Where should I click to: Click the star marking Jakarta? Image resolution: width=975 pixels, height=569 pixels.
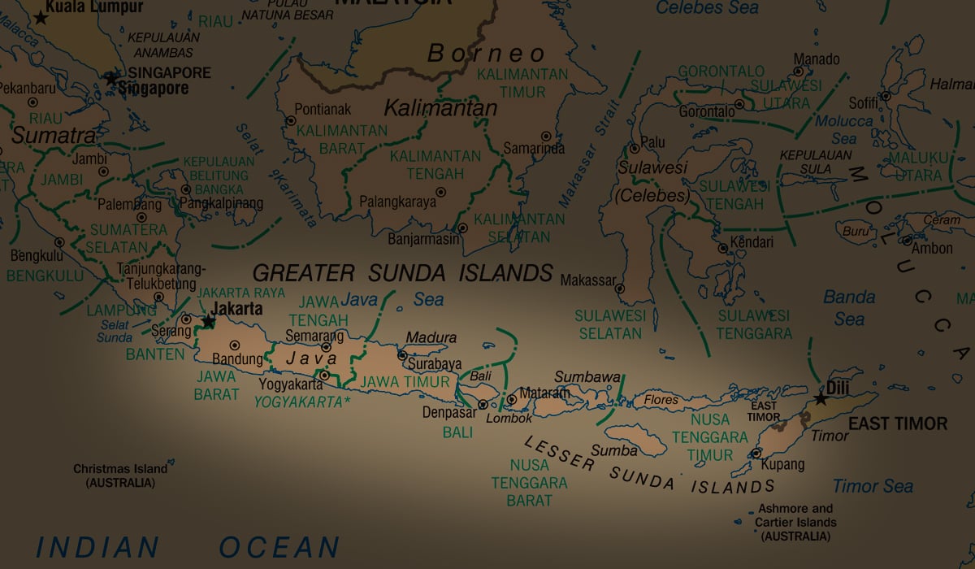[x=209, y=322]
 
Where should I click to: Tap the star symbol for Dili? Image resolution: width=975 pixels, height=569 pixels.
[x=821, y=399]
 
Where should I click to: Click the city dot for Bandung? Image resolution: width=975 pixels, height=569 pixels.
[x=236, y=345]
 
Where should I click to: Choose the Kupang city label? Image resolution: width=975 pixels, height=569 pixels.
[x=782, y=465]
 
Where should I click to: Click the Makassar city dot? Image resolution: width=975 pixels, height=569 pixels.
[x=619, y=288]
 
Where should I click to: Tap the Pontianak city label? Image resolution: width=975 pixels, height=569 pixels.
[x=323, y=108]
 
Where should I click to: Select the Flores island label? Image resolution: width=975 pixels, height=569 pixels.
[x=661, y=400]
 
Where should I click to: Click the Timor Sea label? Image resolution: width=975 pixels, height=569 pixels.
[x=873, y=486]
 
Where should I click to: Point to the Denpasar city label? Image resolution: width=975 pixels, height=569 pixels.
[x=448, y=411]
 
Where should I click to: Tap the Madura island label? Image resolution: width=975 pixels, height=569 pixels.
[x=431, y=337]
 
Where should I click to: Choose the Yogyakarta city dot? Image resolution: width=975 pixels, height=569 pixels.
[x=324, y=376]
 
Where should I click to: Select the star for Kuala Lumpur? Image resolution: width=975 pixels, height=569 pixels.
[x=40, y=18]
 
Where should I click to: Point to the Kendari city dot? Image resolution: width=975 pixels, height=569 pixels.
[x=722, y=248]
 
